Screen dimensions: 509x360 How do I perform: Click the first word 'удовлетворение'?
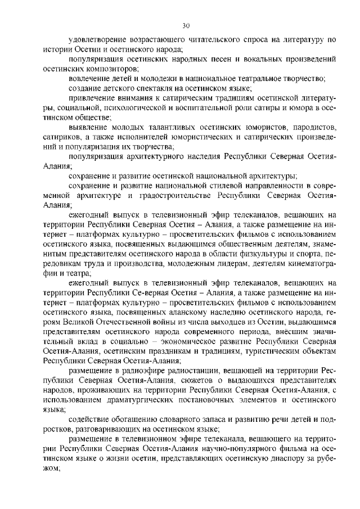tap(97, 40)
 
